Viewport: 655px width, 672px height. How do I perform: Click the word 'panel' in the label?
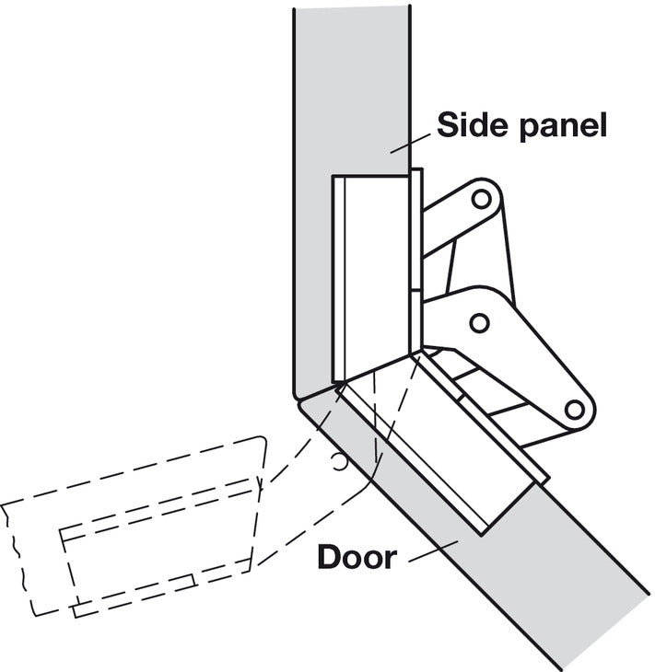tap(563, 127)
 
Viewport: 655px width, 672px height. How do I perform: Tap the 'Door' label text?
tap(357, 557)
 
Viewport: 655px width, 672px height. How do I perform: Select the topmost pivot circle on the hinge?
tap(481, 199)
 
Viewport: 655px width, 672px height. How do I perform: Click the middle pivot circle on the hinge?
tap(479, 323)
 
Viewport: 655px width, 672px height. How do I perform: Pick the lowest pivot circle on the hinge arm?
tap(574, 410)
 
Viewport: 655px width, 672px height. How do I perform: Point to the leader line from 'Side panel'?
tap(410, 143)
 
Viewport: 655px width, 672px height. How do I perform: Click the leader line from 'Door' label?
tap(433, 551)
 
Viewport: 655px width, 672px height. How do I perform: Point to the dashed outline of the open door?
tap(133, 527)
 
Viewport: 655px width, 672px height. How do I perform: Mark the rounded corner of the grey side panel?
tap(297, 393)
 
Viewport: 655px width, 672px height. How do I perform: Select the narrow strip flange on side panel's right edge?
tap(416, 261)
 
